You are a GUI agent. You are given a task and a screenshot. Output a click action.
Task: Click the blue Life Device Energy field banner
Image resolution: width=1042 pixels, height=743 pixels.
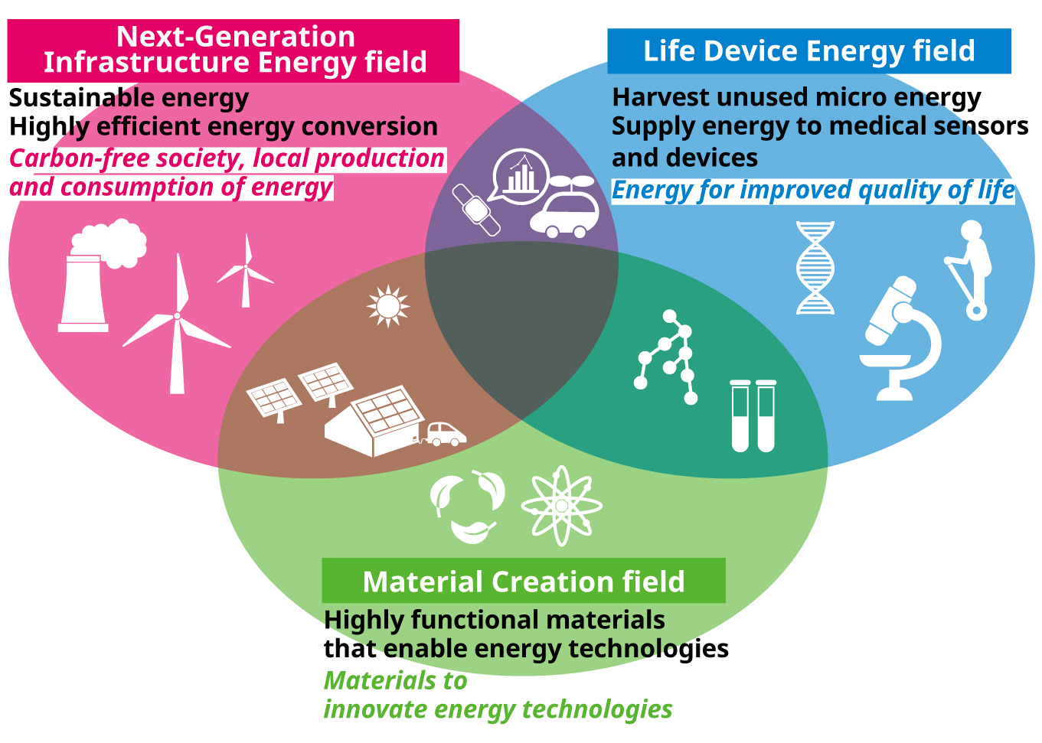[809, 51]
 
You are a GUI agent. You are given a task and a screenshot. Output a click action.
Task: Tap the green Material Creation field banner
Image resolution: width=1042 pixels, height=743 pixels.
[524, 581]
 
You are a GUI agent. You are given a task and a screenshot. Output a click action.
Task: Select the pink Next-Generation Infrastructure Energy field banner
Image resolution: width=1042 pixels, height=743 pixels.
[233, 51]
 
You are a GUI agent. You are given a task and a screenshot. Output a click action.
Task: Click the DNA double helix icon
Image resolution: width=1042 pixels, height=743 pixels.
[815, 268]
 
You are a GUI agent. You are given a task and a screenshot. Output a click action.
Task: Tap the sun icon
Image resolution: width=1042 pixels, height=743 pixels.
[388, 306]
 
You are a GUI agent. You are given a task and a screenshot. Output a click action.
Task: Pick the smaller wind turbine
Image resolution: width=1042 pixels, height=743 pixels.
[246, 272]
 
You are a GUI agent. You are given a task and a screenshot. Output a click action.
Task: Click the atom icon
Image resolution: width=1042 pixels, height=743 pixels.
[561, 506]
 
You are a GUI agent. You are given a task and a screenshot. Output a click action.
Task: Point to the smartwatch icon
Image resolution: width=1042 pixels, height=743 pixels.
[476, 210]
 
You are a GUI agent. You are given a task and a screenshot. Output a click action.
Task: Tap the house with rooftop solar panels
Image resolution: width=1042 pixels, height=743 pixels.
[374, 421]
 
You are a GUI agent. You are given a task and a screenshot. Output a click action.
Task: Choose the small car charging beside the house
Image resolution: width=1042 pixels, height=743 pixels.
[445, 435]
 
